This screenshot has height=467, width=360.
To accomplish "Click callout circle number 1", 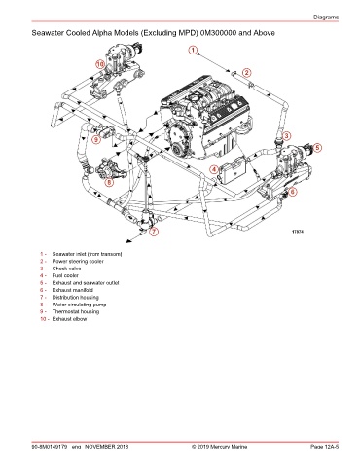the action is pyautogui.click(x=193, y=51).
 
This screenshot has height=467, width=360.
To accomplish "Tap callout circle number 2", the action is pyautogui.click(x=247, y=73).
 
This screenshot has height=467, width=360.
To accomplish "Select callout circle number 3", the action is pyautogui.click(x=286, y=136).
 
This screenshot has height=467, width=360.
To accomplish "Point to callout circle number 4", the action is pyautogui.click(x=214, y=169).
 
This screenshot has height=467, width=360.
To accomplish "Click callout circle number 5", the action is pyautogui.click(x=317, y=148).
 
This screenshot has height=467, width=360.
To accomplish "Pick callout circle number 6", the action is pyautogui.click(x=292, y=192).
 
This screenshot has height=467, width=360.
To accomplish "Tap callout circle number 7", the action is pyautogui.click(x=154, y=232).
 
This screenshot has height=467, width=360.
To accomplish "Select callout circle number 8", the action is pyautogui.click(x=109, y=182).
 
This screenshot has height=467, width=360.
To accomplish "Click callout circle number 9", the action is pyautogui.click(x=96, y=140).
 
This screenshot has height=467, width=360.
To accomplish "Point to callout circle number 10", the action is pyautogui.click(x=100, y=64).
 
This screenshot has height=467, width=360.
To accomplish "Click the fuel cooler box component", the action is pyautogui.click(x=233, y=170).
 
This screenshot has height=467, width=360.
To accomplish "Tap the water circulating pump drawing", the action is pyautogui.click(x=110, y=167).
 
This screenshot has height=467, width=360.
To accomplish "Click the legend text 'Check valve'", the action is pyautogui.click(x=66, y=269).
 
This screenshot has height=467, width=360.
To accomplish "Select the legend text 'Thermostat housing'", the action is pyautogui.click(x=76, y=311).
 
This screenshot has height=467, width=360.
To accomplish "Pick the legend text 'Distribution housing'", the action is pyautogui.click(x=76, y=298).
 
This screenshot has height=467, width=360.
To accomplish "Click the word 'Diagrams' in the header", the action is pyautogui.click(x=326, y=18).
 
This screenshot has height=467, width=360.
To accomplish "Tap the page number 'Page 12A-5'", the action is pyautogui.click(x=324, y=447).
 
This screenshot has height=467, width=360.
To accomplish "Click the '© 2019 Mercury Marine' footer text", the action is pyautogui.click(x=219, y=447).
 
